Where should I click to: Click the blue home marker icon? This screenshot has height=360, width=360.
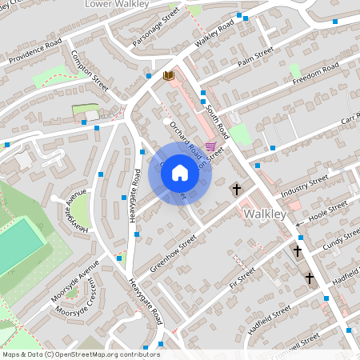click(180, 173)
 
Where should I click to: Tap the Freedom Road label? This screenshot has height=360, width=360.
click(315, 74)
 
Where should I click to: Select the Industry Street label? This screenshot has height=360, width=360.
click(302, 186)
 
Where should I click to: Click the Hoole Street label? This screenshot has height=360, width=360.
click(327, 213)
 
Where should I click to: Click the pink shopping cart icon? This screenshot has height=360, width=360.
click(210, 146)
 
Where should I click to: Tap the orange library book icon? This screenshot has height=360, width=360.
click(168, 75)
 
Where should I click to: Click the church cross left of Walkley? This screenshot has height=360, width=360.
click(236, 190)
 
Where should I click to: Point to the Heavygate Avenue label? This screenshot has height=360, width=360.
click(78, 211)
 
